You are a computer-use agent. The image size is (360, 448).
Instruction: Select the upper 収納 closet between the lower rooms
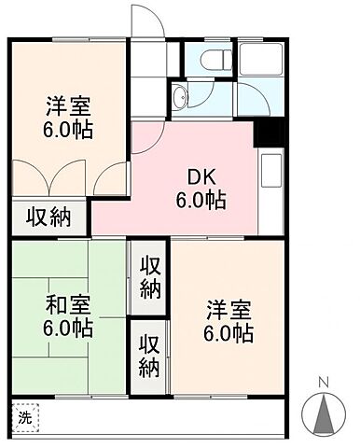click(150, 276)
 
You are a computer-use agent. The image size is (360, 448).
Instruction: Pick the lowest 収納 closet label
click(150, 354)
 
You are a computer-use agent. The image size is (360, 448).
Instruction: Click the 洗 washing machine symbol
click(26, 417)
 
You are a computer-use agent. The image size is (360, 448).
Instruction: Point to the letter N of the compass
click(324, 383)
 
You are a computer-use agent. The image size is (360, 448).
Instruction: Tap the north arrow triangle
click(324, 411)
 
